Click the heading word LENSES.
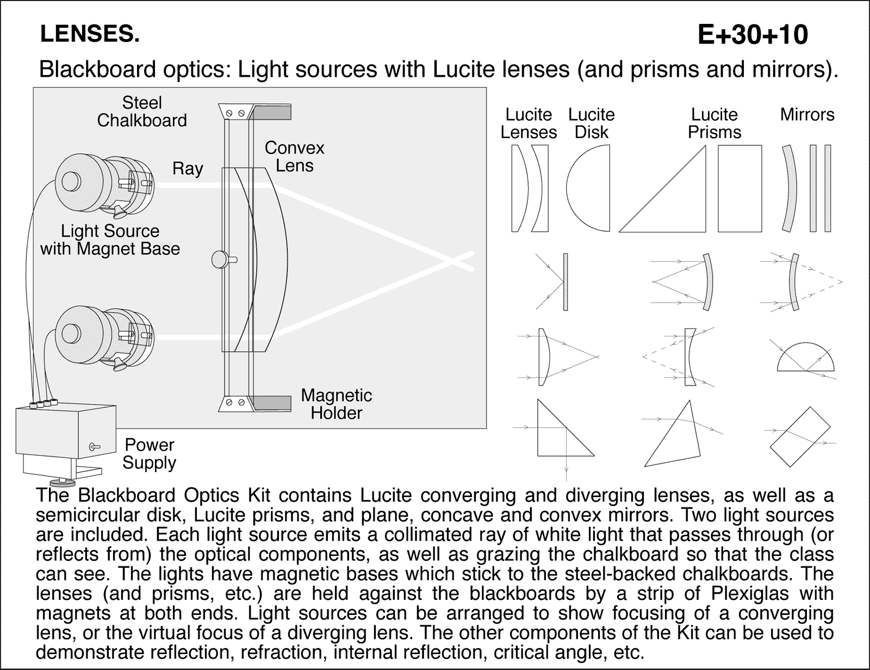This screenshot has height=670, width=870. [90, 35]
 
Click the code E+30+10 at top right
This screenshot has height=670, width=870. [753, 35]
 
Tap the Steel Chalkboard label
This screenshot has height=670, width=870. [142, 111]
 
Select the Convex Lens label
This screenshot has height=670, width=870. [294, 157]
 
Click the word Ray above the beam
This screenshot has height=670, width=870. [188, 169]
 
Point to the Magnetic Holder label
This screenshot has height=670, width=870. [336, 404]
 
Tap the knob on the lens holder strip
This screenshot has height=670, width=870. [219, 259]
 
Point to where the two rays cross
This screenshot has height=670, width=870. [451, 262]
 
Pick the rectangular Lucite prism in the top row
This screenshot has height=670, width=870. [739, 189]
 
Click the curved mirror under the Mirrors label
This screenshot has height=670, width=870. [790, 189]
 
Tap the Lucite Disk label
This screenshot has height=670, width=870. [591, 123]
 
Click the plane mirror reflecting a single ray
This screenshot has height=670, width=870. [565, 282]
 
